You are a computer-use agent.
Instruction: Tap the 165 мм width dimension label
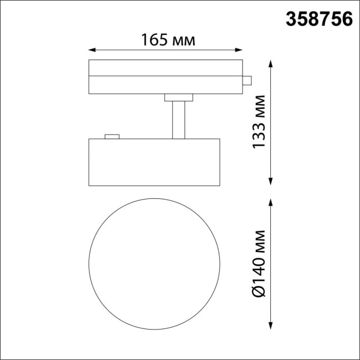(x=168, y=40)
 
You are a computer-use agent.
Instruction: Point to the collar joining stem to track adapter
(x=178, y=98)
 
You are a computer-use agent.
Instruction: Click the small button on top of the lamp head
(x=112, y=136)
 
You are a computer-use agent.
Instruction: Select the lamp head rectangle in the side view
(x=155, y=163)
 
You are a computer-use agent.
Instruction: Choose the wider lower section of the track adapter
(x=166, y=85)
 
